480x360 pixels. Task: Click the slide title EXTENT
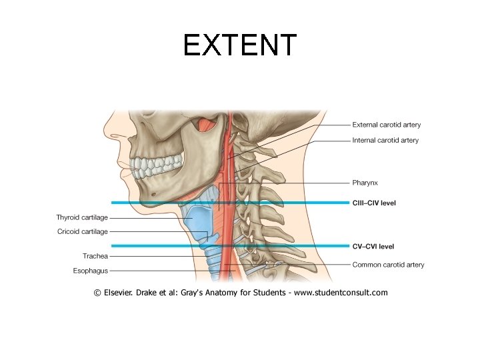point(239,45)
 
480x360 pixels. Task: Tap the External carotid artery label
point(386,125)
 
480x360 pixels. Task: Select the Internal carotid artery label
point(385,141)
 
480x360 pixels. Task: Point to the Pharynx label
point(365,182)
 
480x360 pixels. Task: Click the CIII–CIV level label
point(373,203)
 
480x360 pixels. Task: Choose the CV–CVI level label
point(373,246)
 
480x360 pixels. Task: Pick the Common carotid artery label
point(388,265)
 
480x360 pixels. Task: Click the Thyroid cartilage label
point(82,217)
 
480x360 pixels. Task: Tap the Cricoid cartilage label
point(82,232)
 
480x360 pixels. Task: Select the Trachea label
point(95,256)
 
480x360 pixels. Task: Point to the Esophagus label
point(91,271)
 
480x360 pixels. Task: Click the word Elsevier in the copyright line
point(121,292)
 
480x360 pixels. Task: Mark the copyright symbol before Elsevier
point(97,292)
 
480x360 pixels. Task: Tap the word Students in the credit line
point(273,292)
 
